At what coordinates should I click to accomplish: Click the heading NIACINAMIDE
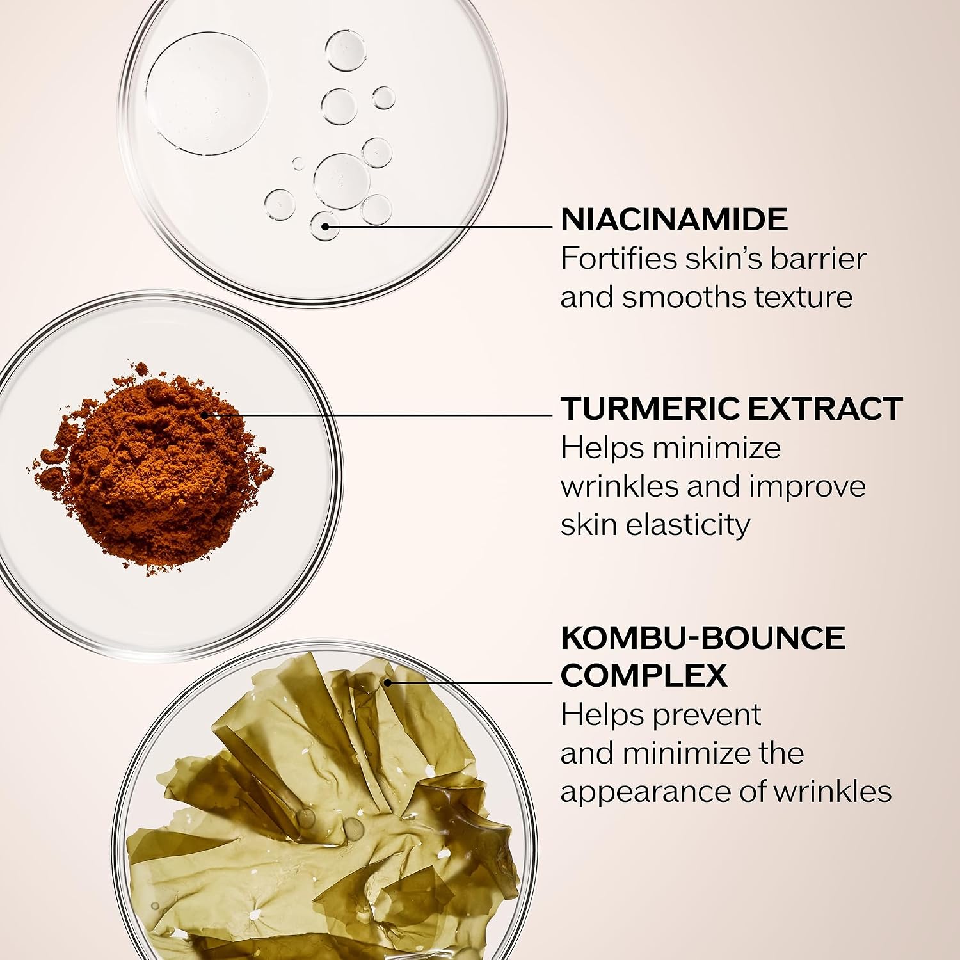click(674, 220)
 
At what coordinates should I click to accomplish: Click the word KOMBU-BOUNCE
click(703, 637)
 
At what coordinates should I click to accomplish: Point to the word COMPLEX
click(644, 675)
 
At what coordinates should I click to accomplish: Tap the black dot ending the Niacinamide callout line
click(325, 226)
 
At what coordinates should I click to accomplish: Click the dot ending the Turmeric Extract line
click(205, 415)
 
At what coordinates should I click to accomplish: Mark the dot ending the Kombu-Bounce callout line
click(387, 683)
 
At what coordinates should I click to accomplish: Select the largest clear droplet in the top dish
click(207, 92)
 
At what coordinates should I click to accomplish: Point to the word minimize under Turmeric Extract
click(716, 448)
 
